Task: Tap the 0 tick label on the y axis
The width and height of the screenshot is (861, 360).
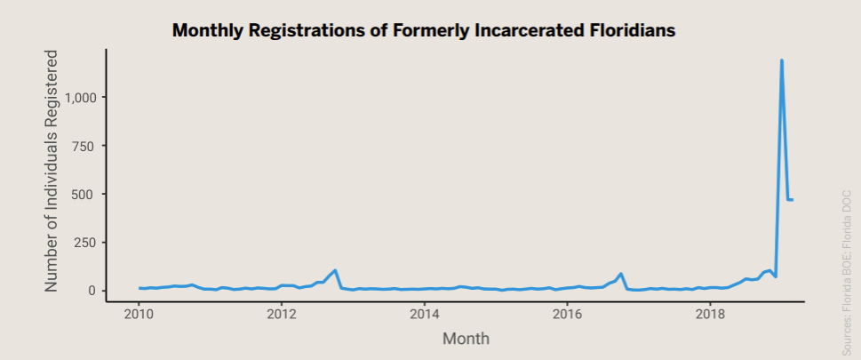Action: [x=91, y=291]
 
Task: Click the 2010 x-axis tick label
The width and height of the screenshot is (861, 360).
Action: [x=139, y=314]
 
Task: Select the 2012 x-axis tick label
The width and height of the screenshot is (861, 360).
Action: [x=282, y=314]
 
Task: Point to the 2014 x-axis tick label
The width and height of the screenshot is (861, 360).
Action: [x=425, y=314]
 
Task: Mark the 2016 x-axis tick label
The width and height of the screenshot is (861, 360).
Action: [x=567, y=314]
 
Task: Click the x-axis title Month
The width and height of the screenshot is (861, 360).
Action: [x=466, y=339]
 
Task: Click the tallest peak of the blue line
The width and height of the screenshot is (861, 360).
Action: [x=781, y=61]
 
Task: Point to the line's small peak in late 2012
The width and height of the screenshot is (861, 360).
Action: [x=335, y=270]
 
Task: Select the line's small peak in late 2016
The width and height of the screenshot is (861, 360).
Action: [x=620, y=274]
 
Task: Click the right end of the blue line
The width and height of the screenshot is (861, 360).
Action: [x=792, y=199]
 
